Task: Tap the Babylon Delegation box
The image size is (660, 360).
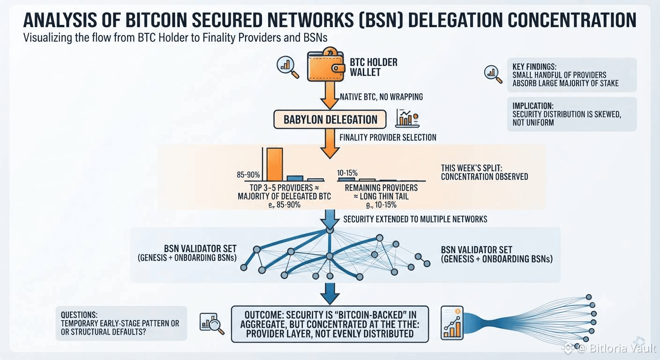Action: [330, 120]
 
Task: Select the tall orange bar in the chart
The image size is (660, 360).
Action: [275, 165]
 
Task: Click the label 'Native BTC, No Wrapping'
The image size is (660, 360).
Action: [381, 97]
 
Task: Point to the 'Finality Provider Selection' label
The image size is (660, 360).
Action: [388, 137]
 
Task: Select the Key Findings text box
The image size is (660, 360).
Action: [571, 75]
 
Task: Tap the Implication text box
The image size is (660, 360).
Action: [571, 114]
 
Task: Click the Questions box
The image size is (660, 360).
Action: [121, 323]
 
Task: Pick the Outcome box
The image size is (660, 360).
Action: [330, 324]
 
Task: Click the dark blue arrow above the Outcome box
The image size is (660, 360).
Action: [330, 294]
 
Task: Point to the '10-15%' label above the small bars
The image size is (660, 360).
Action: [347, 173]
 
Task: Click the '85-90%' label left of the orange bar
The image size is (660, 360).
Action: [248, 175]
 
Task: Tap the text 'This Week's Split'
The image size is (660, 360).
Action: [472, 168]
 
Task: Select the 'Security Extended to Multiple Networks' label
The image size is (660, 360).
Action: [415, 219]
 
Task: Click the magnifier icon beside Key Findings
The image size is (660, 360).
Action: [493, 74]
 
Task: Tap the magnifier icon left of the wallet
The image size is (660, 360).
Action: [288, 67]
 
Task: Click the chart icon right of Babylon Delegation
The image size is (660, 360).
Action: [407, 118]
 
